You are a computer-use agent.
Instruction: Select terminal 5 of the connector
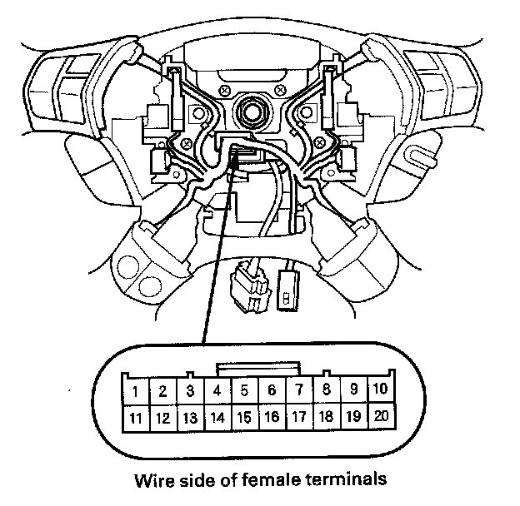click(x=244, y=389)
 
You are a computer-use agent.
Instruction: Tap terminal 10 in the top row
click(x=379, y=389)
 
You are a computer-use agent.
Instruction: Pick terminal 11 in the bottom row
click(x=136, y=418)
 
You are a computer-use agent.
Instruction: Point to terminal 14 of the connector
click(x=217, y=418)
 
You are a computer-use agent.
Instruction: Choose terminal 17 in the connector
click(x=298, y=417)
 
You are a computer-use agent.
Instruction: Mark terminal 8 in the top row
click(x=326, y=389)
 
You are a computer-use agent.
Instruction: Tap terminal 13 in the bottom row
click(x=190, y=418)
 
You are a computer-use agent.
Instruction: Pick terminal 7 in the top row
click(x=298, y=389)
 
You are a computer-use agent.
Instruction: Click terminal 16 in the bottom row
click(x=272, y=417)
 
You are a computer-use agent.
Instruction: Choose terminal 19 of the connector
click(x=352, y=416)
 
